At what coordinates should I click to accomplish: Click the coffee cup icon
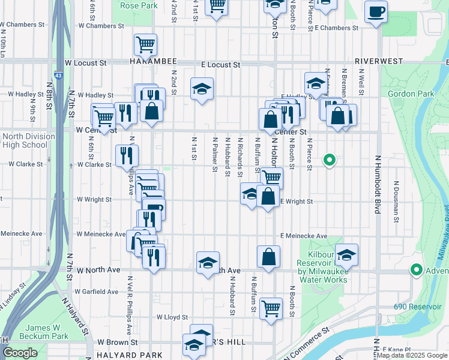[x=376, y=11]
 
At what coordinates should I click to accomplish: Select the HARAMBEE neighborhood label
[x=153, y=62]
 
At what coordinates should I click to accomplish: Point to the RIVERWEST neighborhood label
[x=382, y=61]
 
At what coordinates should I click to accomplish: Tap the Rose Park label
[x=139, y=5]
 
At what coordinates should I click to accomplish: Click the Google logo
[x=20, y=353]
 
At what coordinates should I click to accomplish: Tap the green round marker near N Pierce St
[x=329, y=160]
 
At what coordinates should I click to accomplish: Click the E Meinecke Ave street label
[x=303, y=236]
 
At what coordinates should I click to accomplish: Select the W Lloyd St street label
[x=172, y=317]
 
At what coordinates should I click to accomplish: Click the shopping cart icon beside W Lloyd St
[x=271, y=308]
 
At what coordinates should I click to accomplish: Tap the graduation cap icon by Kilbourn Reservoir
[x=346, y=254]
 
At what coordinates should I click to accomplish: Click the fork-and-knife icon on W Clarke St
[x=127, y=155]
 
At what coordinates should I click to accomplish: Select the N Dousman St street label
[x=397, y=200]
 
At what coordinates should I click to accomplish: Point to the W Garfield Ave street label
[x=97, y=292]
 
